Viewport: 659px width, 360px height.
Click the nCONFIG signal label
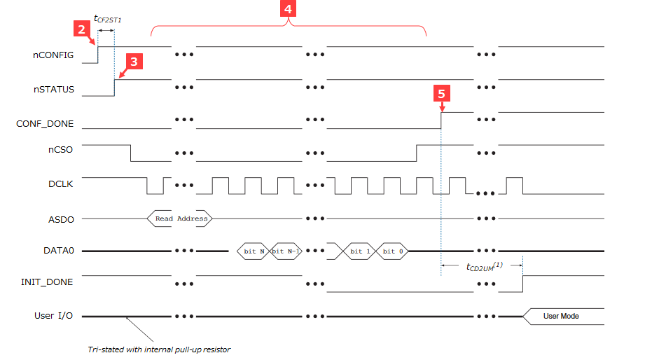54,55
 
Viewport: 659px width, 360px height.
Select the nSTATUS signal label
54,90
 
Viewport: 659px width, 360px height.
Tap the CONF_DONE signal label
45,124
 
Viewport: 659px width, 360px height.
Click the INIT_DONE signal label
48,282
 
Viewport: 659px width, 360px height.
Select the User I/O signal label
54,316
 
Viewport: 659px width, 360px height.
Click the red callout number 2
82,29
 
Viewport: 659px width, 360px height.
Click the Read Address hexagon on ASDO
181,219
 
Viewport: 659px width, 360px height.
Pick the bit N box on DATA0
254,251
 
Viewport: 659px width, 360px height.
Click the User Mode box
560,316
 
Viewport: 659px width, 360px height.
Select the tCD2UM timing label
484,266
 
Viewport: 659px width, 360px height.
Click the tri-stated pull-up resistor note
159,349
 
